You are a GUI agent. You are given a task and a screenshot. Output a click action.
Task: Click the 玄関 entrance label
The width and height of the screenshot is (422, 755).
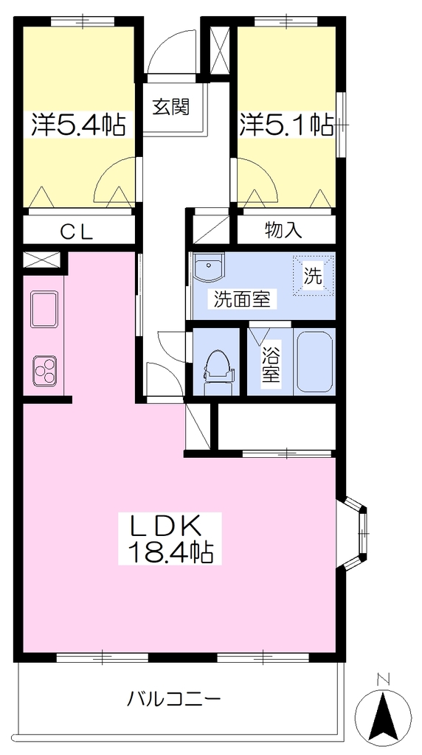(x=171, y=106)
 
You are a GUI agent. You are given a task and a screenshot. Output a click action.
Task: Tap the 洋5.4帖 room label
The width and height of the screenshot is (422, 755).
(x=78, y=125)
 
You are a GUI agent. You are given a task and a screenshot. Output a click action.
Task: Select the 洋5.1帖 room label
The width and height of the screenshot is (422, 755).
(x=286, y=125)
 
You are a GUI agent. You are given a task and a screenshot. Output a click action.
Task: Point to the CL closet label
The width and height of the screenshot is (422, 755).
(x=76, y=232)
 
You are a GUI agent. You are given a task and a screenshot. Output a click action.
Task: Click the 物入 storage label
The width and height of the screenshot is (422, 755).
(x=283, y=231)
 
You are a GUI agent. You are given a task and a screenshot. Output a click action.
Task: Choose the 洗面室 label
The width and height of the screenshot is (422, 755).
(x=241, y=299)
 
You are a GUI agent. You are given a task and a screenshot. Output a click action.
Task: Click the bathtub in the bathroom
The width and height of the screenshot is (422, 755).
(x=314, y=361)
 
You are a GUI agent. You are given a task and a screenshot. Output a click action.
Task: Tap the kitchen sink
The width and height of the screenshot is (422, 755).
(x=44, y=309)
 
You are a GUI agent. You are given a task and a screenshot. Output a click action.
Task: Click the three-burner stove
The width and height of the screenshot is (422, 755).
(x=44, y=370)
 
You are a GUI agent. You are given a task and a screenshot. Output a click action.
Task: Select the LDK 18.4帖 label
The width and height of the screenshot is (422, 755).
(x=170, y=538)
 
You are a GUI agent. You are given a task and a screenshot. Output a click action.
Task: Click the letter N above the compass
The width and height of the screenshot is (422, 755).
(x=384, y=681)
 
